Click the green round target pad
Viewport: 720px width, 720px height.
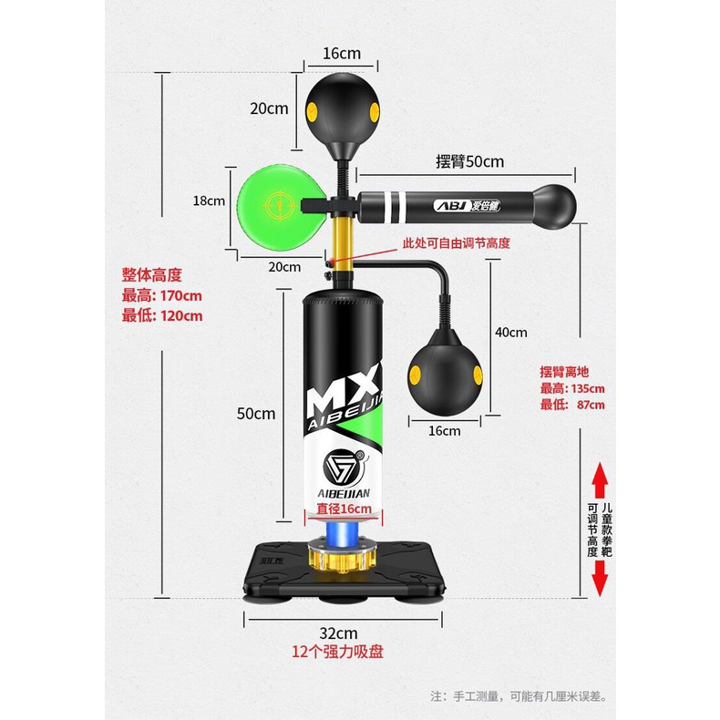(274, 204)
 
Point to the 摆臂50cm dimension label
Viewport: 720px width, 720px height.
(469, 161)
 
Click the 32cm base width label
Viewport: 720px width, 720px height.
(338, 633)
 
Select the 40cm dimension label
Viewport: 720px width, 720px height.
(511, 333)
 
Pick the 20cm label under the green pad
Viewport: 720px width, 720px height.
(284, 266)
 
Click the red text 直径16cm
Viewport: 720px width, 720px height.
(343, 509)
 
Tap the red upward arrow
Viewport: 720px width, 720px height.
(600, 479)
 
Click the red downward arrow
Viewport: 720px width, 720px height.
(600, 579)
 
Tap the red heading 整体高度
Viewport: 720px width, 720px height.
(152, 274)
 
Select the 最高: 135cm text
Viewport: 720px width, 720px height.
(572, 388)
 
